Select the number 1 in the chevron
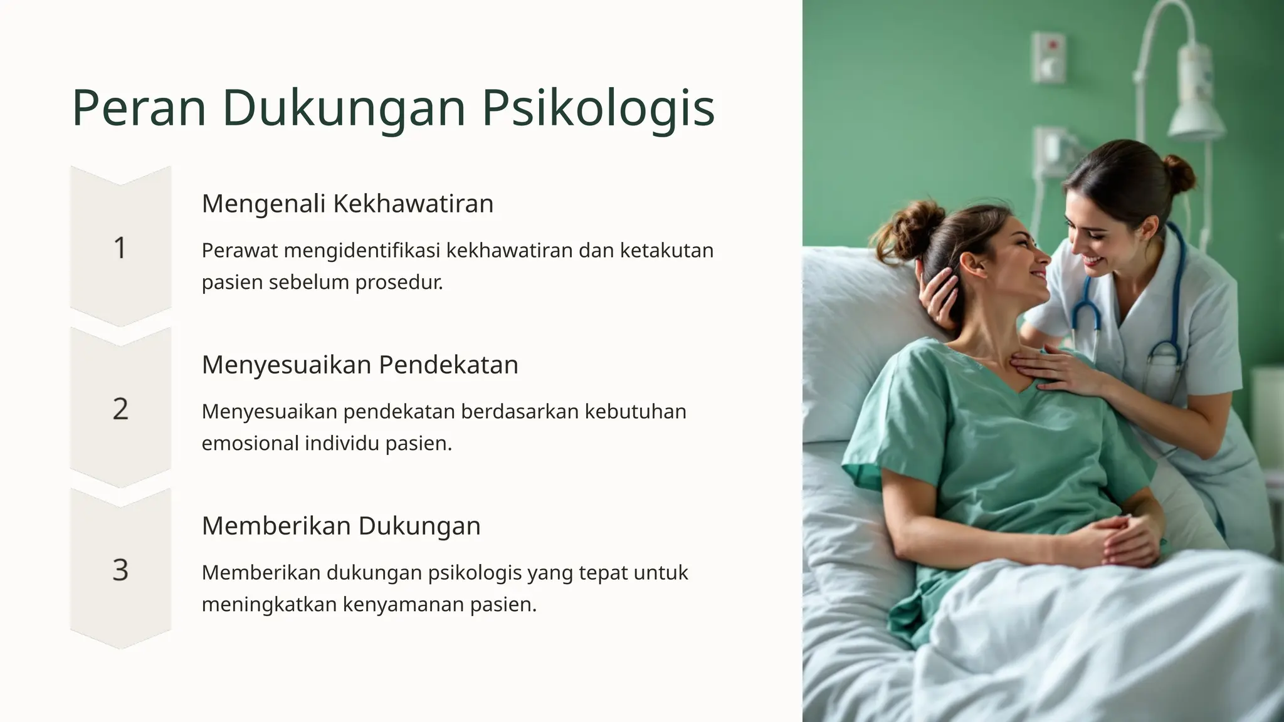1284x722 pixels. tap(120, 248)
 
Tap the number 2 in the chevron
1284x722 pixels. tap(120, 409)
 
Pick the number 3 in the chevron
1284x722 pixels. tap(120, 570)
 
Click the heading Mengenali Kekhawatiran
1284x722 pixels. tap(347, 203)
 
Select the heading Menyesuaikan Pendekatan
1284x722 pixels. tap(360, 364)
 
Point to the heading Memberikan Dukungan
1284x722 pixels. tap(341, 525)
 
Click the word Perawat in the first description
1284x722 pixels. tap(239, 250)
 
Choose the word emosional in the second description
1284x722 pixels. tap(250, 443)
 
